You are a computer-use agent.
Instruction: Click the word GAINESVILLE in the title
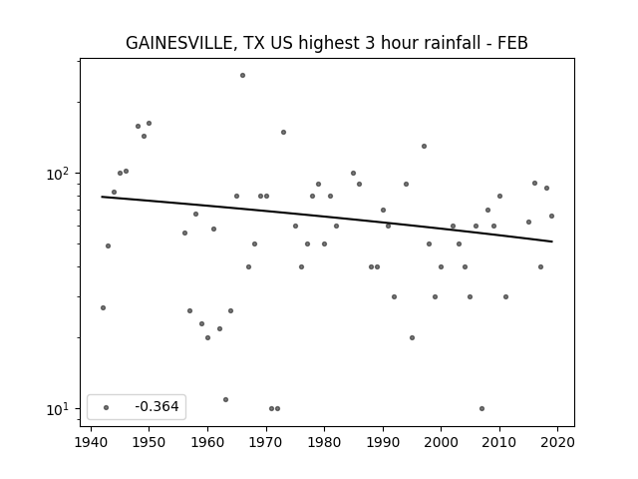[178, 43]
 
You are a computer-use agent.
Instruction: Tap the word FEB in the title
[512, 43]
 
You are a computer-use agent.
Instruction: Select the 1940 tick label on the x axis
[91, 442]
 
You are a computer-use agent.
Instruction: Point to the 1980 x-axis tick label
[324, 442]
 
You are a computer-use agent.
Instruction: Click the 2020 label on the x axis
[557, 442]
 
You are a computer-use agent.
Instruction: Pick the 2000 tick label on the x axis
[441, 442]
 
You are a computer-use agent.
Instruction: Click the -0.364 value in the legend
[157, 406]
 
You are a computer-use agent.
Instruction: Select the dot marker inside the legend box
[107, 407]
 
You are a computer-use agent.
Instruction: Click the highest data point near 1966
[242, 76]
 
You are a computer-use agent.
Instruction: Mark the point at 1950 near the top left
[149, 123]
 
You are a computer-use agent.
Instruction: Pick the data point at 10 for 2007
[481, 408]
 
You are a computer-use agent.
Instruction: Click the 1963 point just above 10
[226, 399]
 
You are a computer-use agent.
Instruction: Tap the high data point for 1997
[424, 147]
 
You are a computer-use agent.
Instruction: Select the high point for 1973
[283, 132]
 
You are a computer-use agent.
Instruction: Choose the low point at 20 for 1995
[412, 337]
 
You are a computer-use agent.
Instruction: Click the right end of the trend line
[552, 241]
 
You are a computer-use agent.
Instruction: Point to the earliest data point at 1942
[103, 308]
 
